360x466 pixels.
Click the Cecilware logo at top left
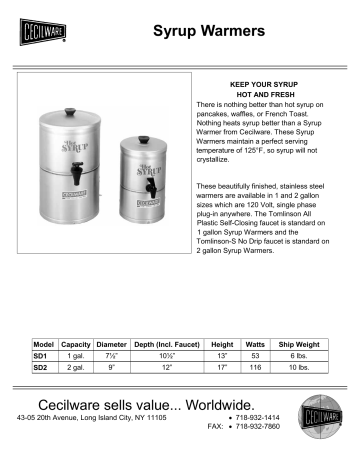[x=40, y=34]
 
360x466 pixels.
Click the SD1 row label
[x=41, y=356]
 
